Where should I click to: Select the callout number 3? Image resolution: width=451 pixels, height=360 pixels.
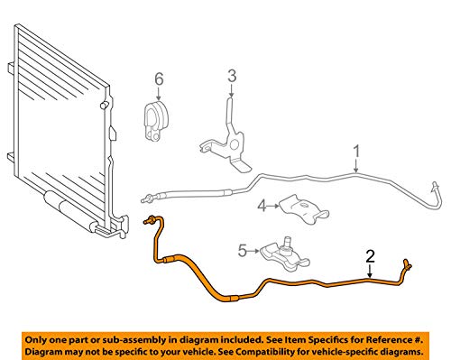pos(230,75)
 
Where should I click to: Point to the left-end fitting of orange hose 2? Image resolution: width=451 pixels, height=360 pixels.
pos(149,220)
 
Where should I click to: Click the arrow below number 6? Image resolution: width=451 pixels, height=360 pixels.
pos(159,94)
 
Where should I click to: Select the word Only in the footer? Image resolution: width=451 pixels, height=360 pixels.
pos(36,334)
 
